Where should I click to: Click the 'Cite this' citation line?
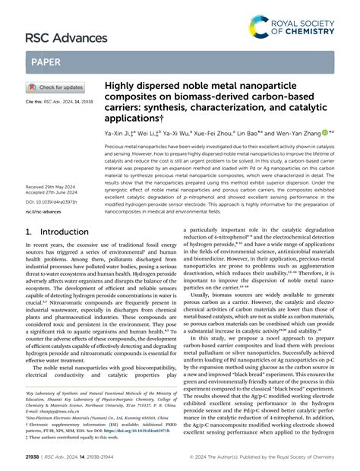pos(60,101)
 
